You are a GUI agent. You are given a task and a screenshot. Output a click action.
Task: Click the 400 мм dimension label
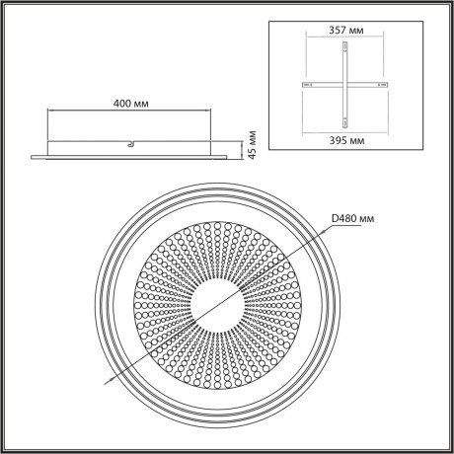pos(133,102)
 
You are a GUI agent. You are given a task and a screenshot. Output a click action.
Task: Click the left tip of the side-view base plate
pos(32,155)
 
